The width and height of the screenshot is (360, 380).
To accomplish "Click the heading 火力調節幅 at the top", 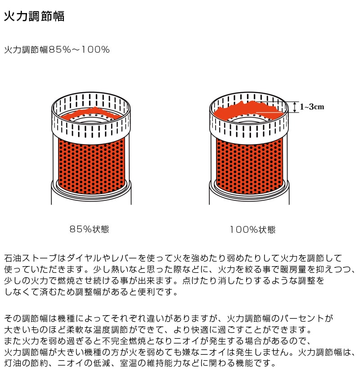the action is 34,16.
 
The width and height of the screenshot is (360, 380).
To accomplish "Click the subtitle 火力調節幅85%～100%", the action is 57,50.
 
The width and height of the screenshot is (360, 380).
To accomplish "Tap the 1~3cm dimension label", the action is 312,107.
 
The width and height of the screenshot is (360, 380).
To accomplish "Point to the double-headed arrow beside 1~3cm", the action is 295,107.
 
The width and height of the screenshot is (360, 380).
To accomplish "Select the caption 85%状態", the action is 89,229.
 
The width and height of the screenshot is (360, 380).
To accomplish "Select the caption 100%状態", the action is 253,230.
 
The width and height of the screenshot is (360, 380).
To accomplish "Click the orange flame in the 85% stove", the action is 91,113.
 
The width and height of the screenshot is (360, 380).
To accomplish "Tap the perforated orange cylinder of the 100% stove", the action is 250,166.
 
